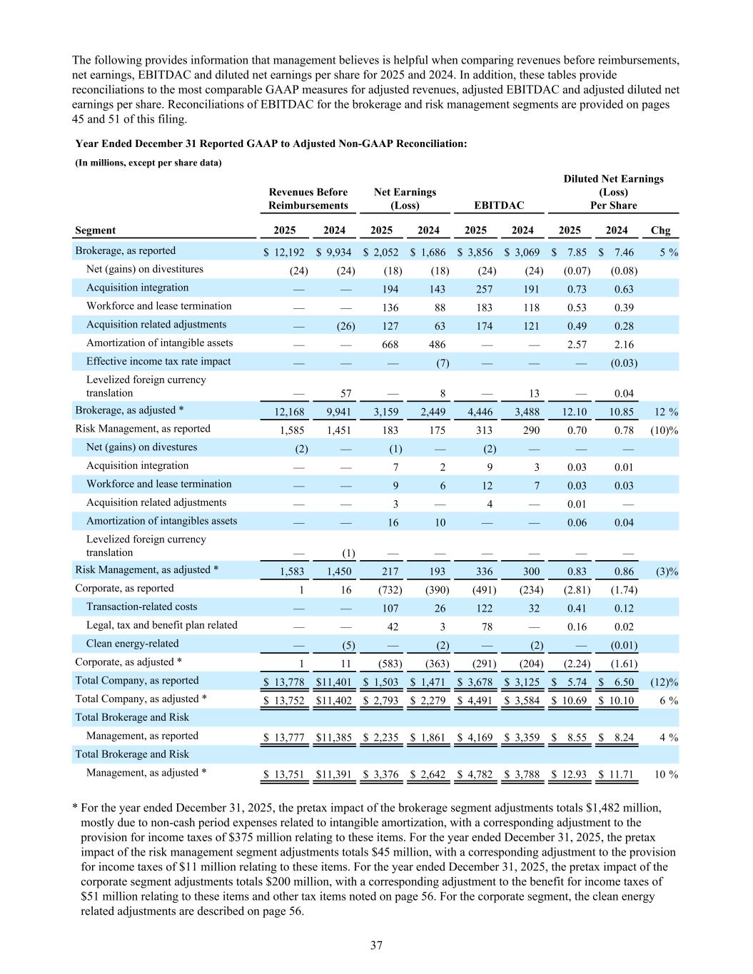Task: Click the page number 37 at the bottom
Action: [376, 945]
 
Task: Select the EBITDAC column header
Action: [498, 206]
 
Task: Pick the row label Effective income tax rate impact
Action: [158, 361]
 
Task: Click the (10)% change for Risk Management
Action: [664, 430]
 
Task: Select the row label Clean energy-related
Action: [133, 643]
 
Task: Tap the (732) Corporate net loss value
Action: [390, 590]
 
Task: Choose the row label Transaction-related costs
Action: [142, 607]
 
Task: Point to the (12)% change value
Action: [664, 682]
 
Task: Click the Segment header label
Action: [96, 230]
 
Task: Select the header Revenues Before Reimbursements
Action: [308, 199]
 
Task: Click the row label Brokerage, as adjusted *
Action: [129, 410]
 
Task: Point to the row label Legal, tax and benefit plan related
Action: [162, 625]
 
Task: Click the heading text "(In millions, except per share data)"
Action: [148, 163]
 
